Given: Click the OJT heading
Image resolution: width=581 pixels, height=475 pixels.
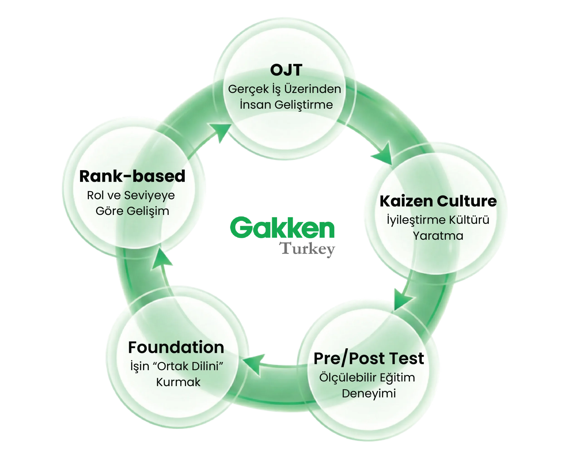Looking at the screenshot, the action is point(286,70).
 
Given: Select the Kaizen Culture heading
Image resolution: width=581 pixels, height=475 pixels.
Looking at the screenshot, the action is point(438,201).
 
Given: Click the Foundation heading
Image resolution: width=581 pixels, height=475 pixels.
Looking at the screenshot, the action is point(176,347).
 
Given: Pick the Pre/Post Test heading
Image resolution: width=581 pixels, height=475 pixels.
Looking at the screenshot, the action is point(369,358).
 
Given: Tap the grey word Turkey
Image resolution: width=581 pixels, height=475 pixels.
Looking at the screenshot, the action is point(307,249).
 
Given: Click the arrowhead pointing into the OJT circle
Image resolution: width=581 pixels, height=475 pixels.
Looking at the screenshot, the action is point(221,132).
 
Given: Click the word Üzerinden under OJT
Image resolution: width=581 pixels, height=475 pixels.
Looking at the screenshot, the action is point(313,89).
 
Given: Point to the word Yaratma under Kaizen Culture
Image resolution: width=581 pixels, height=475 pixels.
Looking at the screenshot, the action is point(438,236).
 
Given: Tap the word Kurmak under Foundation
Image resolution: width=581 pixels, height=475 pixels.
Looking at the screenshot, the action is point(178,382).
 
